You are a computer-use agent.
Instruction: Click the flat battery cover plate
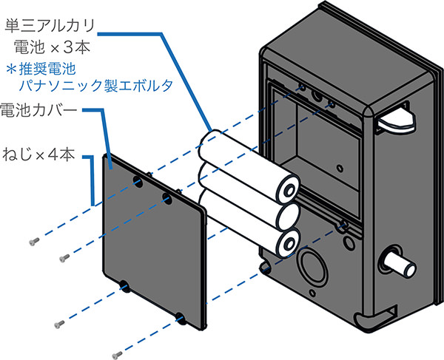pos(152,237)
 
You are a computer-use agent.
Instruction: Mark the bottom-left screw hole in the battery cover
pos(123,285)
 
